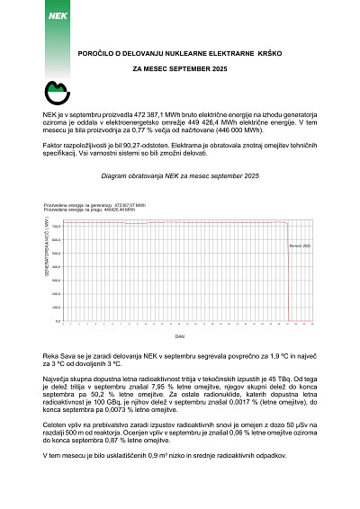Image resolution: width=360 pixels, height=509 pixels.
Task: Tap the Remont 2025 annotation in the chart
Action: click(300, 245)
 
